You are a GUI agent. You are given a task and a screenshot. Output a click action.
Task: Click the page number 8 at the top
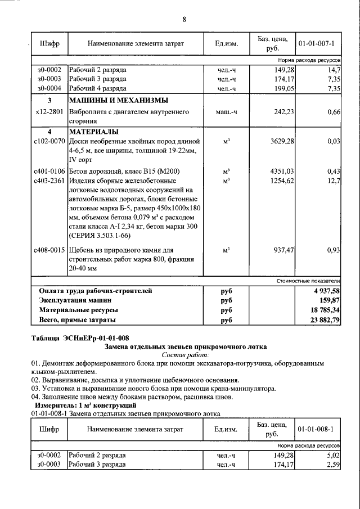point(184,20)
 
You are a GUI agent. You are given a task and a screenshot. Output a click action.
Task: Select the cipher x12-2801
point(49,112)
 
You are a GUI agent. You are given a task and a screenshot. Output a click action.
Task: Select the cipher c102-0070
point(49,141)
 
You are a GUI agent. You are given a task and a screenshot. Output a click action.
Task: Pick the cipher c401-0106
point(49,171)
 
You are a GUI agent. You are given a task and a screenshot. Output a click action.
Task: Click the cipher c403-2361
point(49,181)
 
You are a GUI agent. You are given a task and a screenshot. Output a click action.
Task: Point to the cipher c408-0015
point(49,249)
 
